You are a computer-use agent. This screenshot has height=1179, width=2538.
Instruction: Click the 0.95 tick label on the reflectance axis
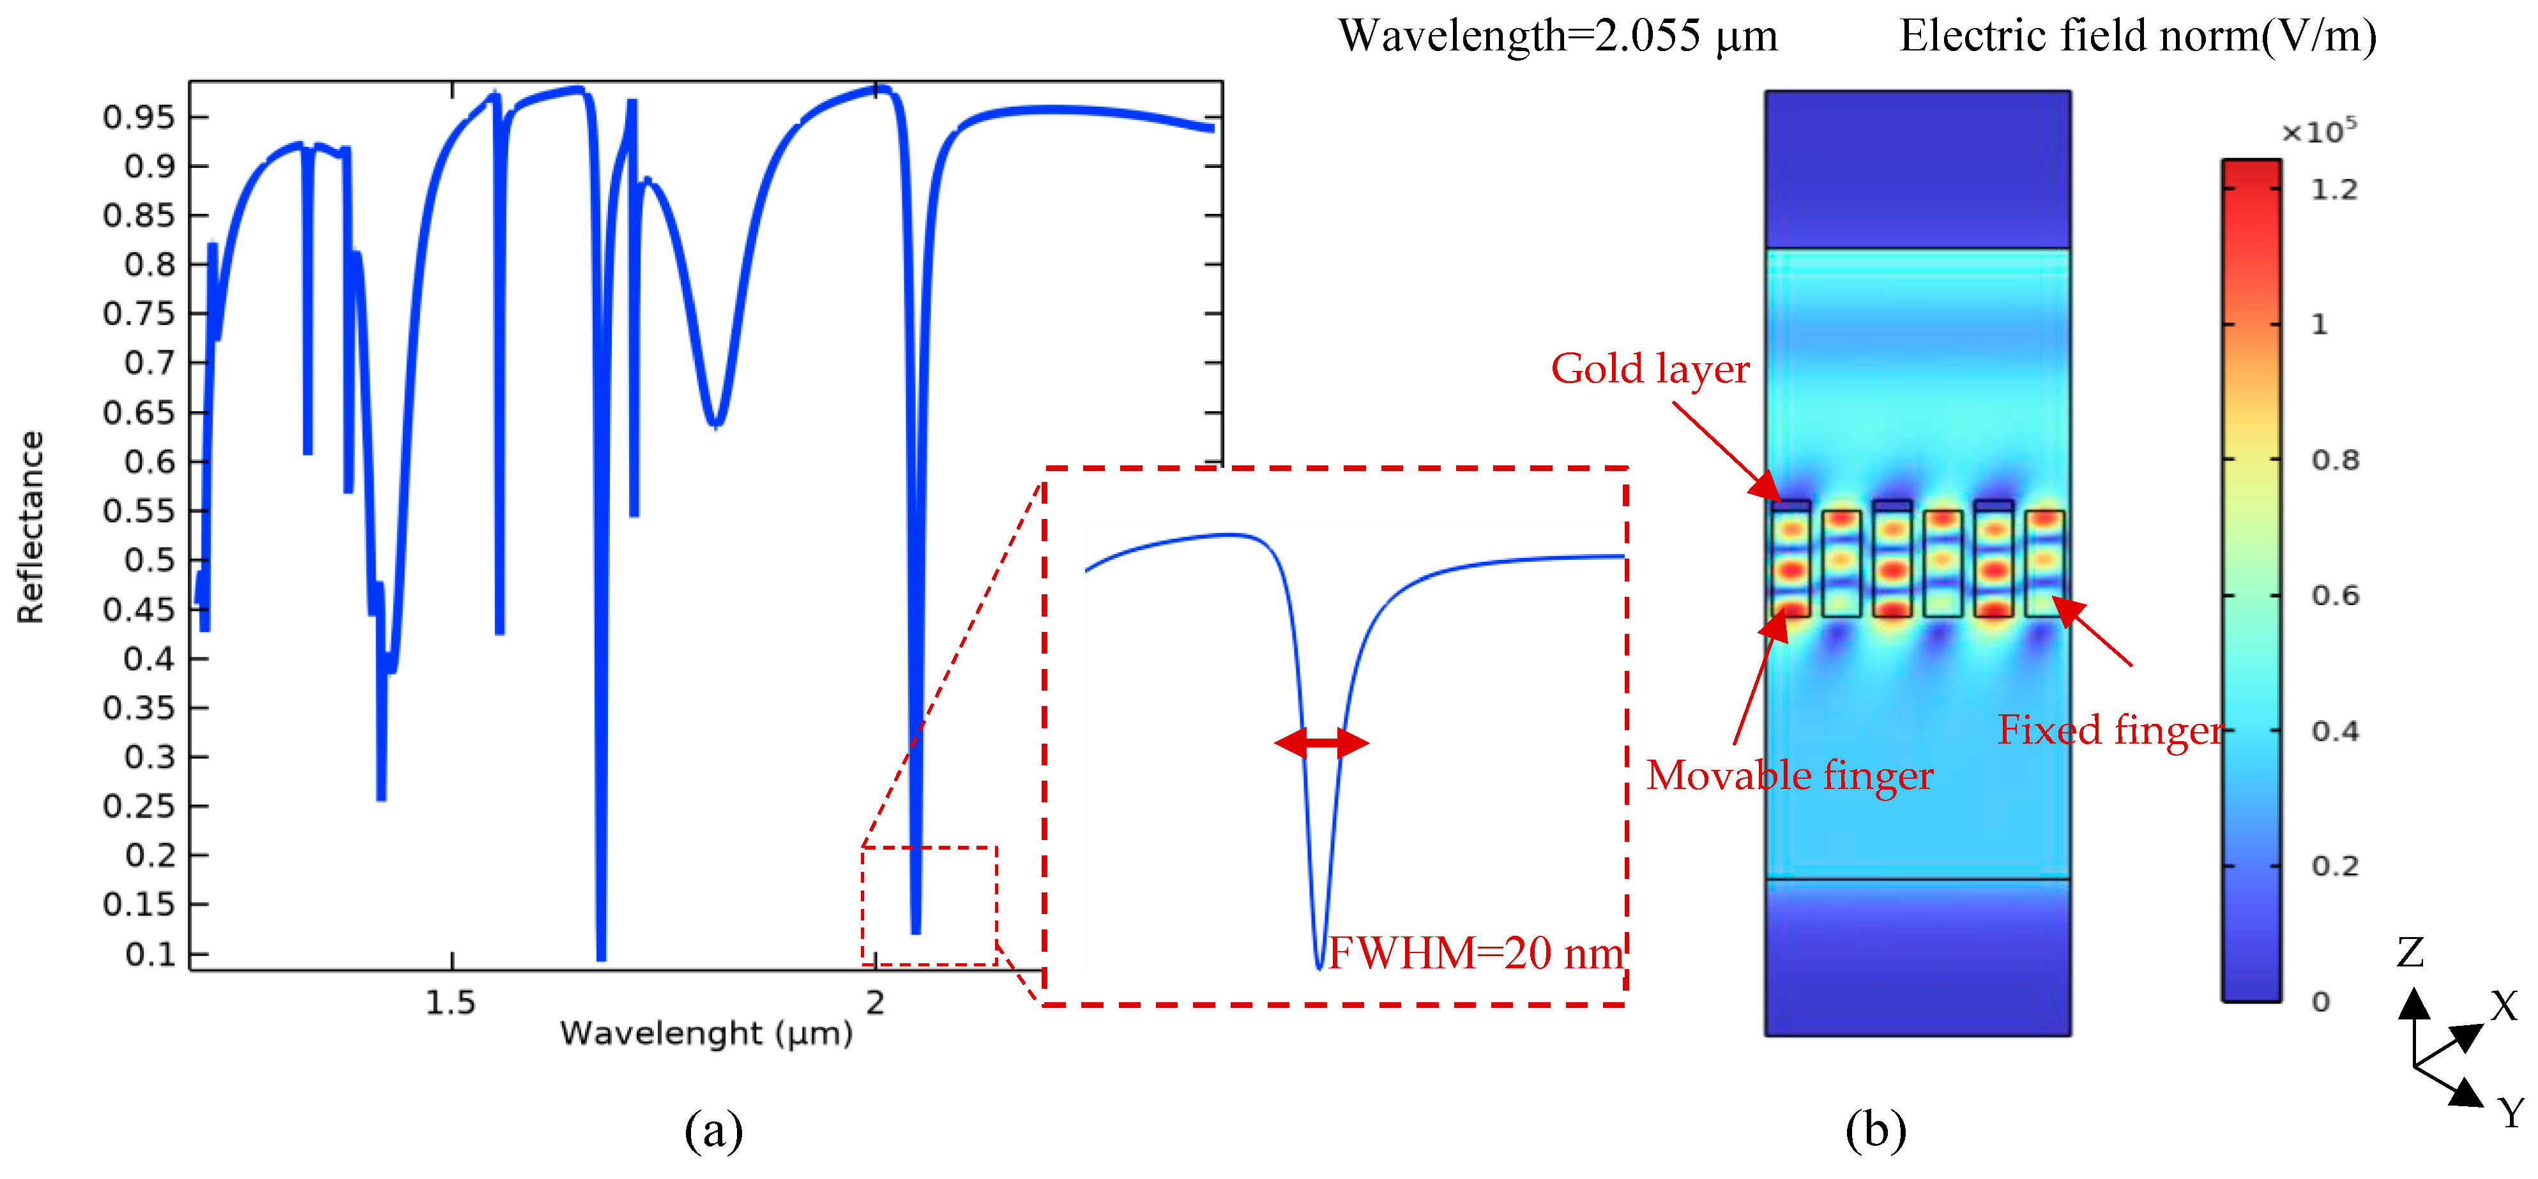(138, 117)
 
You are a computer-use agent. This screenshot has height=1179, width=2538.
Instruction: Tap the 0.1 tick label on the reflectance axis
(149, 954)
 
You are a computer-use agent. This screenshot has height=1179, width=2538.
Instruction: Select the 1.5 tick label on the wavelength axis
(450, 1003)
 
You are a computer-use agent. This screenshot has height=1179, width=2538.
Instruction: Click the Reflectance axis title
(31, 527)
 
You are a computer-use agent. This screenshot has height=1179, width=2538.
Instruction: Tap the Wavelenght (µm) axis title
(706, 1033)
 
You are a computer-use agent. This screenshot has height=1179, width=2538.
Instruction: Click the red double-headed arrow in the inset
(1321, 742)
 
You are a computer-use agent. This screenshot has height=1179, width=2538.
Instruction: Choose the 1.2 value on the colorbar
(2334, 189)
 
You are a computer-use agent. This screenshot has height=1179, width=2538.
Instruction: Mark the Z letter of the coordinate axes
(2410, 952)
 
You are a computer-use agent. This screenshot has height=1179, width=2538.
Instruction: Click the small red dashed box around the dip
(929, 905)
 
